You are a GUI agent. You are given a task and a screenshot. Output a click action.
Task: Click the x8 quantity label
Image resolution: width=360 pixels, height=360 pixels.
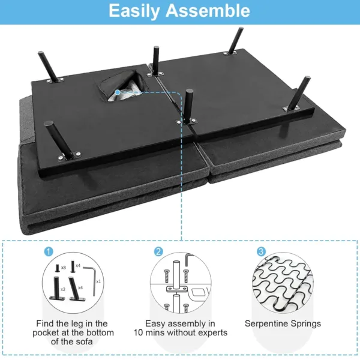pyautogui.click(x=64, y=266)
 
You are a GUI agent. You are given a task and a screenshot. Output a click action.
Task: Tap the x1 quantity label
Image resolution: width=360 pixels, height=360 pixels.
pyautogui.click(x=98, y=280)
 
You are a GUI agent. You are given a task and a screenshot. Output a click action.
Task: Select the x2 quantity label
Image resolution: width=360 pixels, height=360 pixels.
pyautogui.click(x=63, y=289)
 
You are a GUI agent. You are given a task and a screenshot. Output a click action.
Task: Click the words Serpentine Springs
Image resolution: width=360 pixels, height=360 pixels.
pyautogui.click(x=283, y=324)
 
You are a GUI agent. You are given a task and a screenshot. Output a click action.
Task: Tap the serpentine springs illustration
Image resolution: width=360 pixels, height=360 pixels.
pyautogui.click(x=283, y=282)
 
